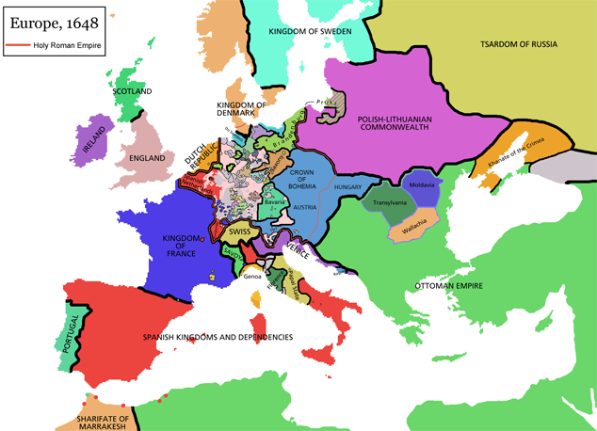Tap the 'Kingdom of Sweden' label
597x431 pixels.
(310, 32)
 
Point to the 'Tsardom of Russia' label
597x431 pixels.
(518, 44)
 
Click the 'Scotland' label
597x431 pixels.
(132, 91)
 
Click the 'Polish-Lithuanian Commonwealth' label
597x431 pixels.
(393, 124)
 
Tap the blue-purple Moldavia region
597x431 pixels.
(421, 184)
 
